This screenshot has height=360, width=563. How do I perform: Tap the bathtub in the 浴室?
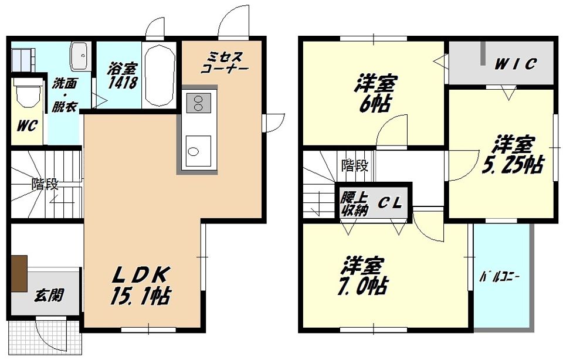coord(160,75)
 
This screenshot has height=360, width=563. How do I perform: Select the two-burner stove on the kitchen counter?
coord(198,103)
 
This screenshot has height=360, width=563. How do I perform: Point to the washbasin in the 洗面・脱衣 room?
coord(79,57)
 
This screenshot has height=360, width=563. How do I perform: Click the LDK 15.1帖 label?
coord(141,285)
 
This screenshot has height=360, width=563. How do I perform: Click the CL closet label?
coord(388,203)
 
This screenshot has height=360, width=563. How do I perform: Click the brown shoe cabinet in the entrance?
coord(19,273)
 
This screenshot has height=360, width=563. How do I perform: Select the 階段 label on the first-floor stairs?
coord(45,184)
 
